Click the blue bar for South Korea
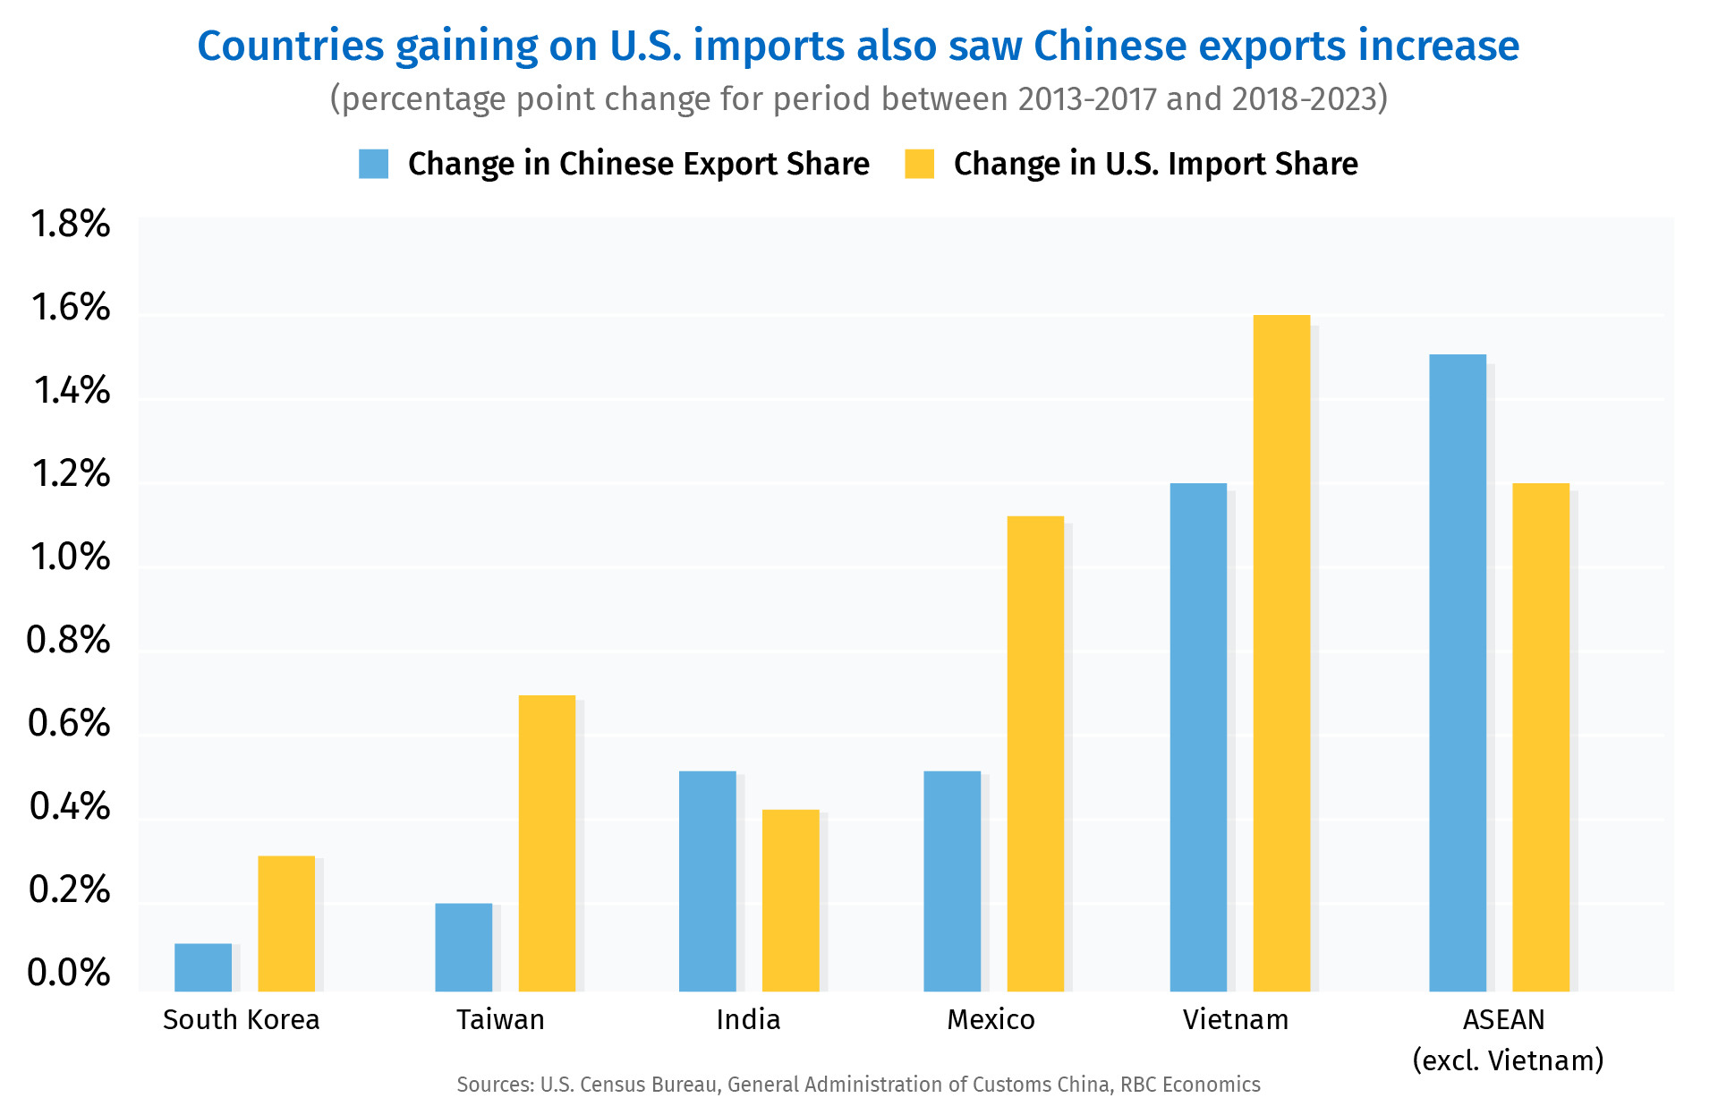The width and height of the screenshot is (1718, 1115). pos(203,967)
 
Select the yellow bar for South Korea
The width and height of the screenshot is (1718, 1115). pos(286,923)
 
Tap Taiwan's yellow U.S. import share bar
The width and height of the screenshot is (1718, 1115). pos(547,843)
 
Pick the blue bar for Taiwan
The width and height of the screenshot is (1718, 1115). pos(464,947)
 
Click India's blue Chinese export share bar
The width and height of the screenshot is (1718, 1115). pos(707,881)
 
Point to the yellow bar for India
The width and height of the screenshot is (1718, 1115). pos(790,900)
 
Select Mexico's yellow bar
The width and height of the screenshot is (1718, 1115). pos(1035,753)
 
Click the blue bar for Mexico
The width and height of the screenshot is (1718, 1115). pos(952,881)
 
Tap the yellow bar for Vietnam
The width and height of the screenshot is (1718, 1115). pos(1281,653)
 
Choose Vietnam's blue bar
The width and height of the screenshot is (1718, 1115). pos(1198,737)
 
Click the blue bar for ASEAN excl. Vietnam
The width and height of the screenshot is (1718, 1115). pos(1458,673)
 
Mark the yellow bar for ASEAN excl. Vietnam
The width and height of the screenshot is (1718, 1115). pos(1541,737)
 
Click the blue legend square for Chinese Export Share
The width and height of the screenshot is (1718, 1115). pos(373,164)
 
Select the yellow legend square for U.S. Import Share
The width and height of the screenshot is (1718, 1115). pos(919,164)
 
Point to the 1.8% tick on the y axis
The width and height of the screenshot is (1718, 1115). pos(70,224)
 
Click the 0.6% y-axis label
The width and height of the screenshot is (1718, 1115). pos(70,723)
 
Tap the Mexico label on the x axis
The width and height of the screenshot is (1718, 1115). pos(991,1019)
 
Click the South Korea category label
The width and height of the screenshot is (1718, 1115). pos(241,1019)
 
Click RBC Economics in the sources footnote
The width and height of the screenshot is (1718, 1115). pos(1190,1085)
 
